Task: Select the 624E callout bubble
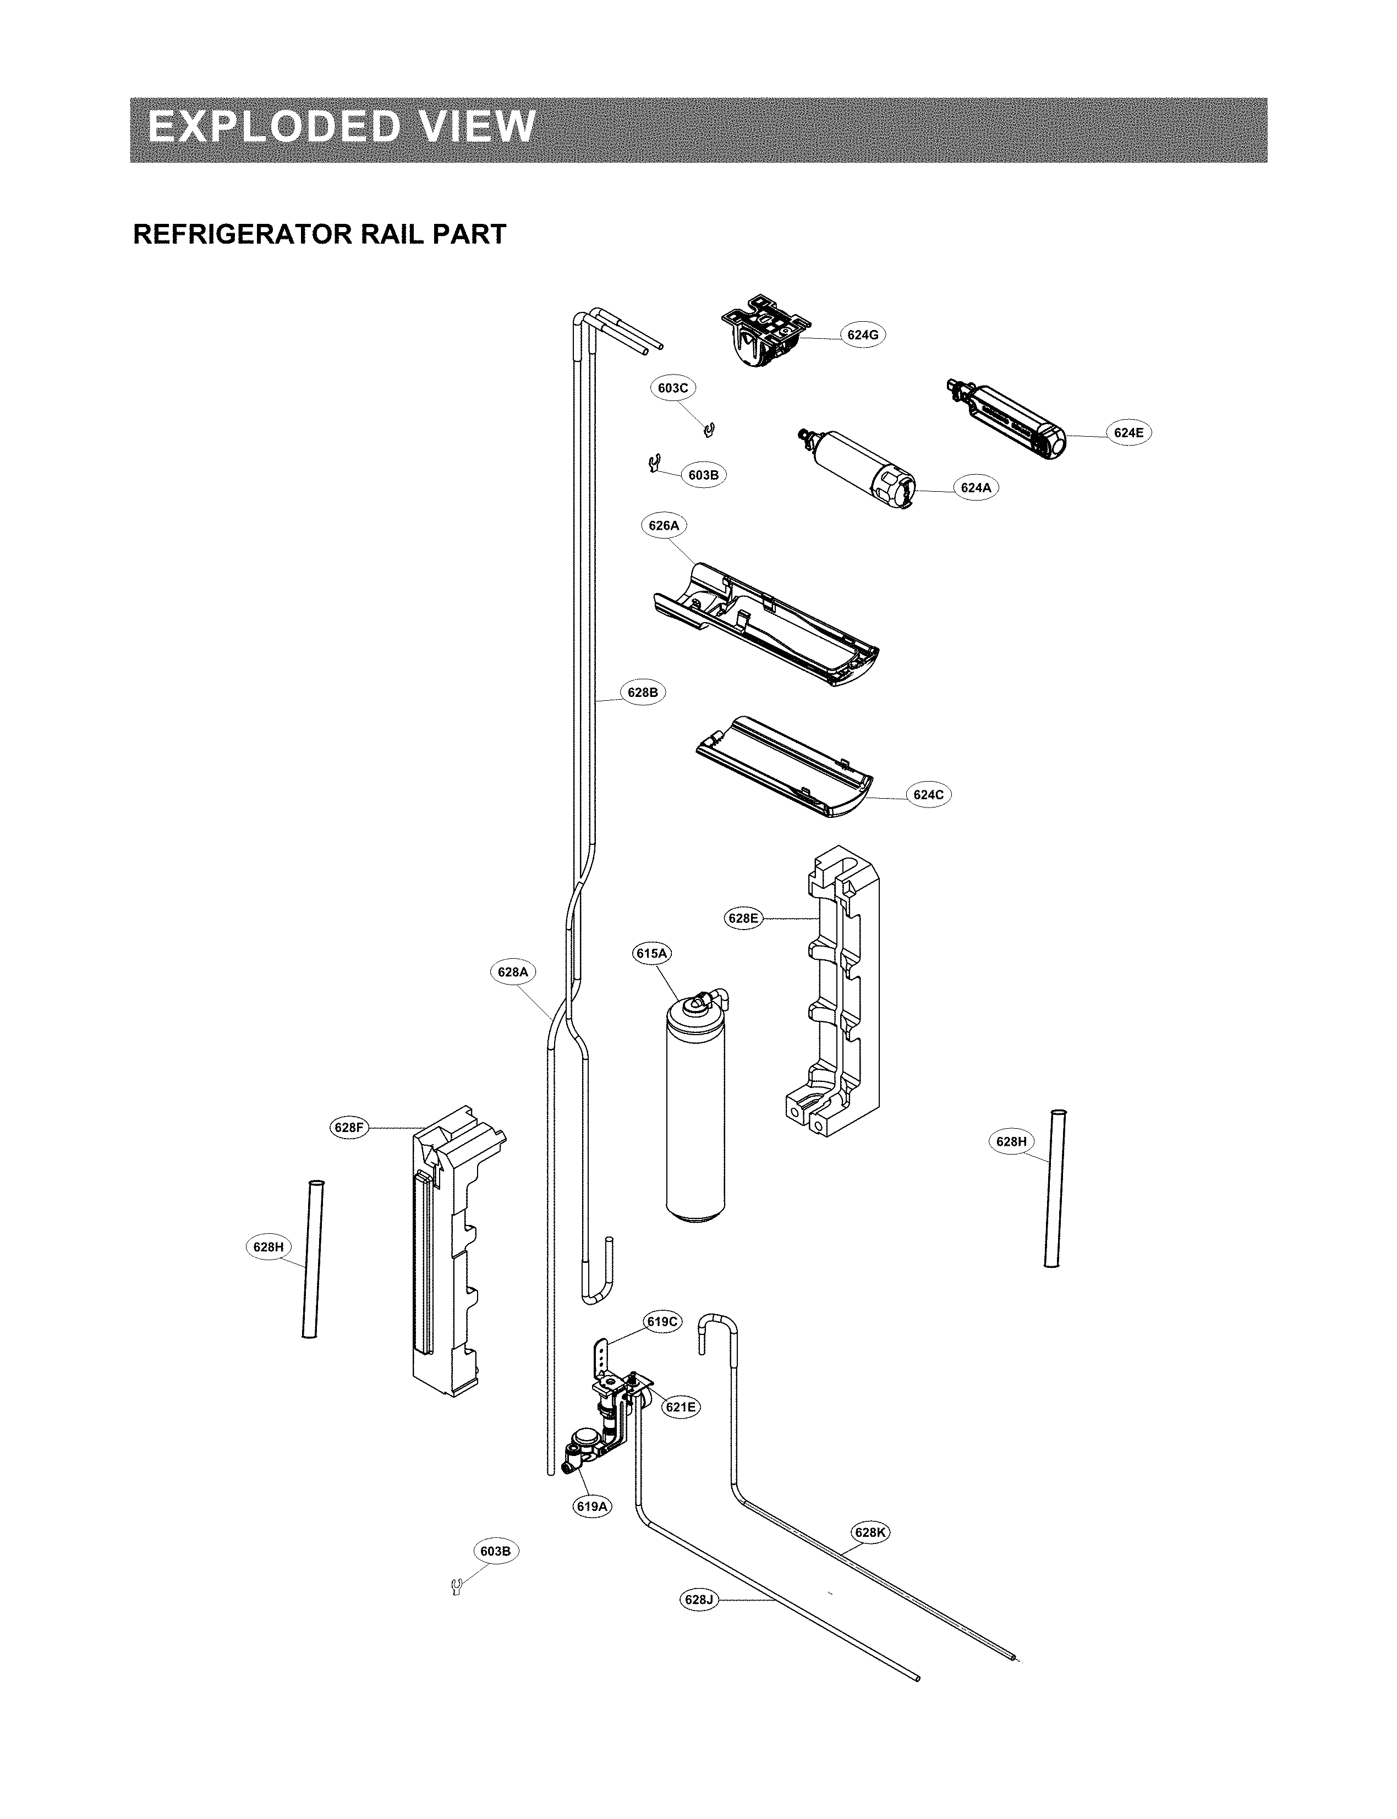click(x=1128, y=432)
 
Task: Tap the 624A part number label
click(x=976, y=488)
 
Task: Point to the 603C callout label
click(x=673, y=387)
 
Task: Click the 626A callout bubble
click(x=664, y=525)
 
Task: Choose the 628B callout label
click(x=643, y=692)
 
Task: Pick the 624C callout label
click(x=928, y=795)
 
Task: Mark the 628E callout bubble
click(x=743, y=918)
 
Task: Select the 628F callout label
click(x=348, y=1128)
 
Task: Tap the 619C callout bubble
click(x=663, y=1322)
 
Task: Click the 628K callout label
click(x=870, y=1532)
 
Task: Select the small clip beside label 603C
click(x=709, y=429)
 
